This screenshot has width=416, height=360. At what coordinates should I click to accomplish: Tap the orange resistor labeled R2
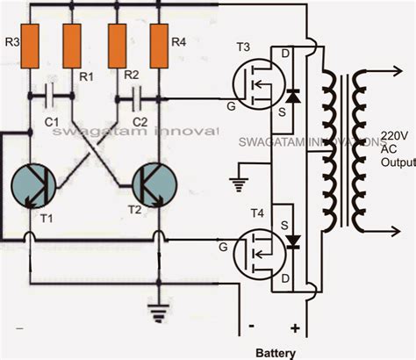tap(116, 42)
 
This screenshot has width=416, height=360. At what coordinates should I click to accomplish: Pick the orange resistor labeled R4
tap(159, 42)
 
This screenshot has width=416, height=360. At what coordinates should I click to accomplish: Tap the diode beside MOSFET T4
tap(291, 241)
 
